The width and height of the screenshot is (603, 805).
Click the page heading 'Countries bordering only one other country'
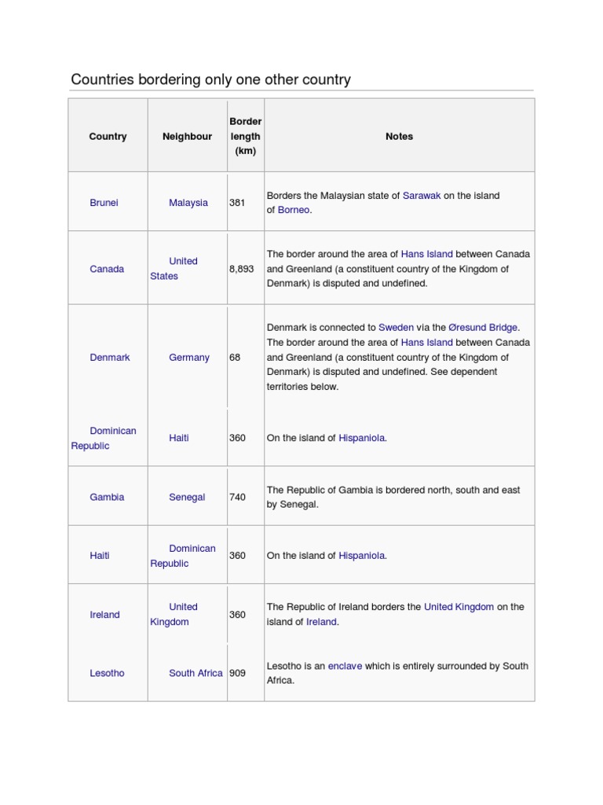tap(210, 79)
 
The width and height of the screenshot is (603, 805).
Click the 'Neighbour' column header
tap(187, 136)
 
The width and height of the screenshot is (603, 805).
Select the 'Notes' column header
tap(399, 136)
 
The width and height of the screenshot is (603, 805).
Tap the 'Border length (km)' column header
tap(245, 136)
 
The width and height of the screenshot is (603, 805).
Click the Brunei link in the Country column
tap(104, 203)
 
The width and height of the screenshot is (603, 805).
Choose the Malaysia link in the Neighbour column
tap(188, 203)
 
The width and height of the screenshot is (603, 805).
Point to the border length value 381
tap(237, 203)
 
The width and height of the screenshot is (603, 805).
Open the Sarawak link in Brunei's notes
tap(422, 195)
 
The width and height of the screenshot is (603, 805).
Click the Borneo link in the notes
tap(294, 210)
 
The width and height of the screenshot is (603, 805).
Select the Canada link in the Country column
tap(107, 269)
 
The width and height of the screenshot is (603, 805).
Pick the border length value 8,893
tap(242, 269)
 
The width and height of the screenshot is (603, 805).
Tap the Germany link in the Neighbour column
tap(189, 357)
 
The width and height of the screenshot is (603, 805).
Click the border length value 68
tap(235, 357)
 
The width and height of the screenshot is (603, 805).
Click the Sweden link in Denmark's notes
tap(396, 327)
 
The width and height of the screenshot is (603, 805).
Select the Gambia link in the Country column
tap(107, 497)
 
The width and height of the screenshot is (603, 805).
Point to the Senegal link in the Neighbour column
tap(187, 497)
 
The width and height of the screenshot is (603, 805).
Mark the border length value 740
tap(237, 497)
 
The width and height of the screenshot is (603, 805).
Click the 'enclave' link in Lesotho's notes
tap(345, 666)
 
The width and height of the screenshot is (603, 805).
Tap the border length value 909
tap(237, 673)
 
